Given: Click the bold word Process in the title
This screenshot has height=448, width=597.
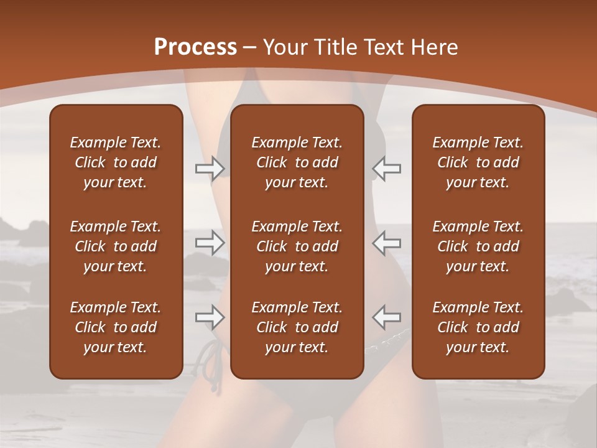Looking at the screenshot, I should point(195,47).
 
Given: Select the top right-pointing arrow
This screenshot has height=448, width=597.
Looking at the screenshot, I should point(210,169).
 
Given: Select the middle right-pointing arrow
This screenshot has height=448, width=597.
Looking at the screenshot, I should point(210,242).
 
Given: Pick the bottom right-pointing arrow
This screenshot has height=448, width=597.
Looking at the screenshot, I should point(210,317).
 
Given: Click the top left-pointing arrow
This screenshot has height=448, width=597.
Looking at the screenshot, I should point(386,169).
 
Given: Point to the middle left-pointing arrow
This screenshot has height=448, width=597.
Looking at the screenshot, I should point(386,242).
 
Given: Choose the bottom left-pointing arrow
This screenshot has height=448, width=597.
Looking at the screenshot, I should point(386,317).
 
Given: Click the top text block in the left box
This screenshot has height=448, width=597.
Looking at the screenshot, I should point(116,162).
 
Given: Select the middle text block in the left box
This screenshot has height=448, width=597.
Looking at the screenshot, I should point(116,246).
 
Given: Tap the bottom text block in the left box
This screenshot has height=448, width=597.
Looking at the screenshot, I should point(116,327).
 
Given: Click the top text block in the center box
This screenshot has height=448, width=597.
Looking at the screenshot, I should point(297,162).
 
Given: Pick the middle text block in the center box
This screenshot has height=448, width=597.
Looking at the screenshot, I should point(297,246).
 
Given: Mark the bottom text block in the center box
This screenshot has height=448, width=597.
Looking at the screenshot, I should point(297,327).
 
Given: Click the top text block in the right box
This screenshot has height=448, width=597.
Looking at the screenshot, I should point(478,162).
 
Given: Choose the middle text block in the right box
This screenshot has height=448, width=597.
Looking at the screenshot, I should point(478,246).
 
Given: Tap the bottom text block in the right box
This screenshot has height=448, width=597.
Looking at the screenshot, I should point(478,327).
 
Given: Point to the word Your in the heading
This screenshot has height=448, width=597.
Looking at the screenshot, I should point(284,47).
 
